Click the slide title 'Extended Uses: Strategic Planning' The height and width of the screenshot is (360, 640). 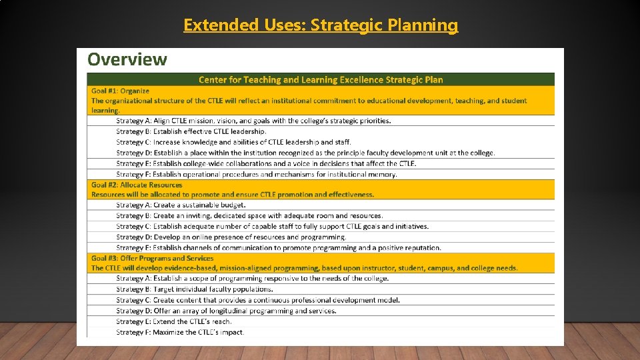point(321,25)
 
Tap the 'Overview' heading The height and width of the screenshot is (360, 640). point(127,59)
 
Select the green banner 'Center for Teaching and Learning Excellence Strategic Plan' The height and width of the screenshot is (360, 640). point(321,79)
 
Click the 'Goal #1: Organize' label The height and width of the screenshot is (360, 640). point(120,91)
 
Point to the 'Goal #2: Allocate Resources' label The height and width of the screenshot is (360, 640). point(137,185)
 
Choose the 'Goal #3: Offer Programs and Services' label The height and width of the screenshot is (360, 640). point(153,258)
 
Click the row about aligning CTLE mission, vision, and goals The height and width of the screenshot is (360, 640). point(253,121)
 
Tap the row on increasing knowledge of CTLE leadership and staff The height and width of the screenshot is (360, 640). point(233,142)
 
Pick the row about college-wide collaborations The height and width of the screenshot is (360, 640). point(266,163)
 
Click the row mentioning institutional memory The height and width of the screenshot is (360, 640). point(256,174)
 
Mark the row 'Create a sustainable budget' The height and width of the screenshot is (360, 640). point(181,205)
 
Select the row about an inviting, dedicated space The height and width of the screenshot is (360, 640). point(249,216)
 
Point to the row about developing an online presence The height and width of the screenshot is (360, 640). point(231,237)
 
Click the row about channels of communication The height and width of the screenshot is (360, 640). point(278,247)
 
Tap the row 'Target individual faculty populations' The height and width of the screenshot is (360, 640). point(194,289)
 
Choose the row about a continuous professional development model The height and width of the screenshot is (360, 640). point(257,300)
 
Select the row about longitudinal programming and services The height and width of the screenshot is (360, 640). point(226,311)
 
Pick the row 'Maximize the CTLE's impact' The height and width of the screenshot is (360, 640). point(180,332)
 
